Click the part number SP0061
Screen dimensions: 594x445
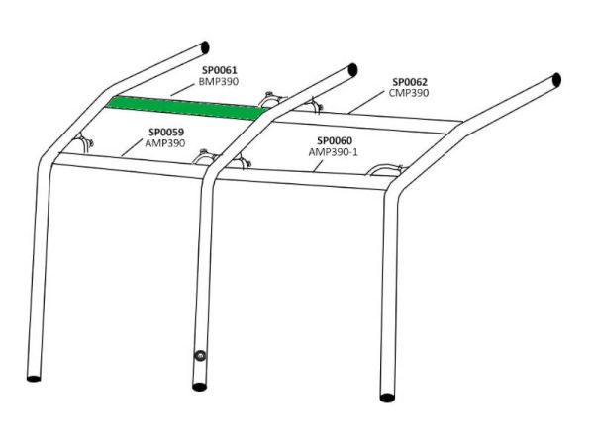pos(220,70)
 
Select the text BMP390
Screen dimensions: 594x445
pos(219,82)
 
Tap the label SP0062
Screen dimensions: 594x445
pos(410,82)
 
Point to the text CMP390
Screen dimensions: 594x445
pos(409,93)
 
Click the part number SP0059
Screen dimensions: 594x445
pos(166,133)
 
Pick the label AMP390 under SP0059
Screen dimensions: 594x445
pos(165,143)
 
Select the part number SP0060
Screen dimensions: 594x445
pos(335,140)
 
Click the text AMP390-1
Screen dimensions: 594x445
pos(334,152)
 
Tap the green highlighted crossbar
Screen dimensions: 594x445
pos(187,108)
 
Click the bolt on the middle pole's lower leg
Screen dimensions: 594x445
pos(200,356)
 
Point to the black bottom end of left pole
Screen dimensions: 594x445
pos(34,379)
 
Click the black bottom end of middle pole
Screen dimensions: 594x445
pos(200,387)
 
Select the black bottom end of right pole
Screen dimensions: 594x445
pos(387,398)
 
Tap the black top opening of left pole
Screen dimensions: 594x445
pos(205,47)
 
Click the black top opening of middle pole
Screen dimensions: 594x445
pos(352,70)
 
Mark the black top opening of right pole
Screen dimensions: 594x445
pos(556,81)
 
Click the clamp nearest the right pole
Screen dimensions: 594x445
pos(385,170)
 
